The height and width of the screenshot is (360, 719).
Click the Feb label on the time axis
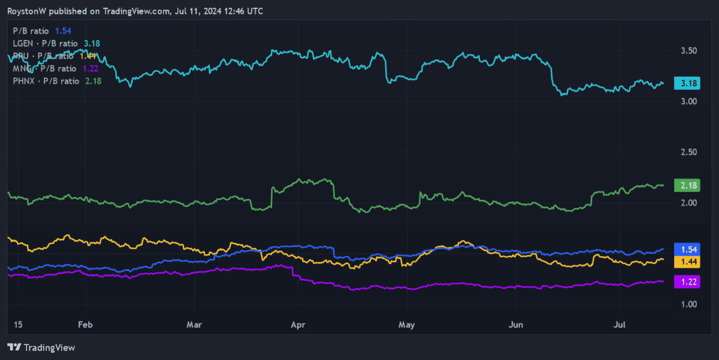pos(84,324)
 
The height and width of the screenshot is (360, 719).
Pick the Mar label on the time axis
pos(194,324)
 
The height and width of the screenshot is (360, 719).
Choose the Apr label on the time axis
pos(298,324)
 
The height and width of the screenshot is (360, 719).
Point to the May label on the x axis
pos(406,324)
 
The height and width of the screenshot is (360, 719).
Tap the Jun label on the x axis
pos(515,324)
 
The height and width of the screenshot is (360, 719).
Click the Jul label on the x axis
pos(620,324)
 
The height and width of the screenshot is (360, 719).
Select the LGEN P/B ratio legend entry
pos(56,43)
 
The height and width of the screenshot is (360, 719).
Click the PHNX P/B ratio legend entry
pos(57,81)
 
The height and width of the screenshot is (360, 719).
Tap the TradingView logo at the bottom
pos(41,347)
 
